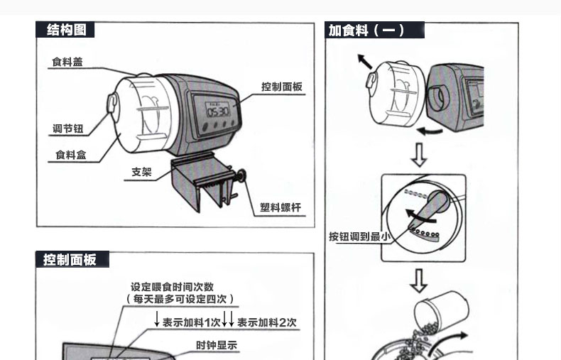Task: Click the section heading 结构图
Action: click(66, 30)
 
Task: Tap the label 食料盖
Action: click(67, 62)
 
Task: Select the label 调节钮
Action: click(68, 129)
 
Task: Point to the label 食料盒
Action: click(71, 154)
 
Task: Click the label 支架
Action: click(141, 173)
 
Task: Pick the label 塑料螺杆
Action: click(280, 207)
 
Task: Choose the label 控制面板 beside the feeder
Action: click(282, 87)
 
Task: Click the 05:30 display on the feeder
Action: click(217, 111)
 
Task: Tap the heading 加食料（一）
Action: click(366, 30)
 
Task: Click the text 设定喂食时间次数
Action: click(173, 287)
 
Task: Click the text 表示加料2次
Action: click(266, 322)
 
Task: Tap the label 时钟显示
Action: click(217, 346)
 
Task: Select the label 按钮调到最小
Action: click(359, 236)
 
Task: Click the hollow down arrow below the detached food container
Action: click(420, 154)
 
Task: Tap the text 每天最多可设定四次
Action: click(180, 300)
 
